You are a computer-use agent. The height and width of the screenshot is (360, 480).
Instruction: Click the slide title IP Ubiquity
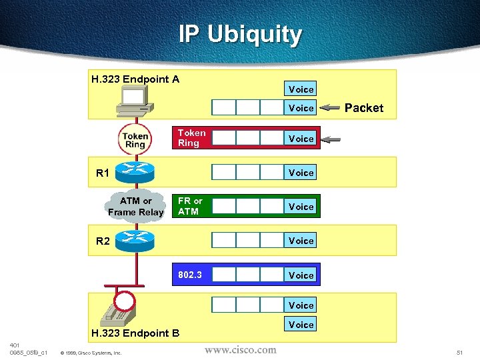[240, 34]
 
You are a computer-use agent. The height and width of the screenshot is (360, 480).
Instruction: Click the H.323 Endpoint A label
[135, 79]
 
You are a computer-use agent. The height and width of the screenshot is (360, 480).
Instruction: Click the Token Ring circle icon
[135, 139]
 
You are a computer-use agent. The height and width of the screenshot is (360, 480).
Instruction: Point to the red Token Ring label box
[191, 138]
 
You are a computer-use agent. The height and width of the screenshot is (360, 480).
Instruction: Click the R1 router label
[103, 174]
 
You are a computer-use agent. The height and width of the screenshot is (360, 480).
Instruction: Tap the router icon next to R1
[135, 171]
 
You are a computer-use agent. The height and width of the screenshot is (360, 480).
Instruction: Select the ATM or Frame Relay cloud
[135, 207]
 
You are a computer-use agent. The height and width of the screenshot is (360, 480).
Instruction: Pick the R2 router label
[103, 241]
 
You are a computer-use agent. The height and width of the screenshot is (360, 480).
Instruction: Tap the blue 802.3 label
[190, 275]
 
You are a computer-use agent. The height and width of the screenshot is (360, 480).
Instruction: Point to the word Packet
[364, 108]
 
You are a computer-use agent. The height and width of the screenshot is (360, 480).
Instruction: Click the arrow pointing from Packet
[330, 107]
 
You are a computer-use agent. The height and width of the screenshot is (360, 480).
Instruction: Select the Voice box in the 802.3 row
[301, 275]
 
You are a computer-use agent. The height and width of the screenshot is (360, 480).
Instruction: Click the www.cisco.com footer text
[240, 349]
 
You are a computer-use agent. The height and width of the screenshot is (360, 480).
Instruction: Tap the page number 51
[459, 351]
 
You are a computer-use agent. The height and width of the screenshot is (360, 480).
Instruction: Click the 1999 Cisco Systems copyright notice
[91, 353]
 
